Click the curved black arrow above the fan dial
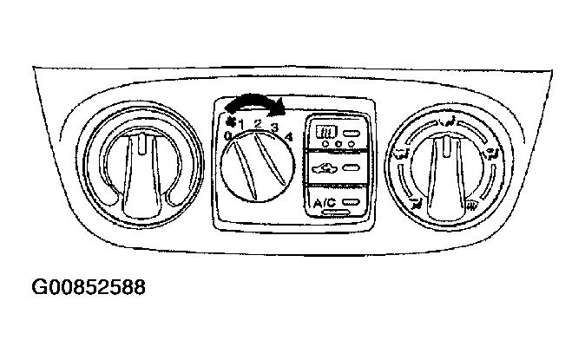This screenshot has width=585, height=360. pos(253,101)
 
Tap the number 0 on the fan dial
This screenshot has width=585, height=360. pos(228,136)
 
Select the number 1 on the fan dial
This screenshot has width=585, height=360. pos(241,124)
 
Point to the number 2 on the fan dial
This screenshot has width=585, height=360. pos(258,123)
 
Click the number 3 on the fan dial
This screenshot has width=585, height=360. pos(274,128)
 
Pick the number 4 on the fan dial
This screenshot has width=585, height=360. pos(288,137)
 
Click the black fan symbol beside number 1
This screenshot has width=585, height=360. pos(231,121)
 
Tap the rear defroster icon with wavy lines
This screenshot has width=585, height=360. pos(326,132)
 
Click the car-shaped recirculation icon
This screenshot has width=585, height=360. pos(325,169)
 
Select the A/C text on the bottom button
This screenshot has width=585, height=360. pos(325,203)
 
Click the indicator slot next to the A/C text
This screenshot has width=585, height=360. pos(351,202)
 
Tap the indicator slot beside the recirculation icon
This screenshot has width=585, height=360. pos(351,168)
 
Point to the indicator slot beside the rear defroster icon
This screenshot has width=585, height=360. pos(351,133)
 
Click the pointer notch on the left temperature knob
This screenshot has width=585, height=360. pos(141,144)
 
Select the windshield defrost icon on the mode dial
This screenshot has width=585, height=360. pos(472,205)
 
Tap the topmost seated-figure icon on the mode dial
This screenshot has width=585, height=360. pos(448,122)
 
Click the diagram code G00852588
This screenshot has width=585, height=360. pos(89,288)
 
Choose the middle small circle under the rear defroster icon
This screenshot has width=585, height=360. pos(338,144)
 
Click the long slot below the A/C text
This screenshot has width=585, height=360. pos(336,213)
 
